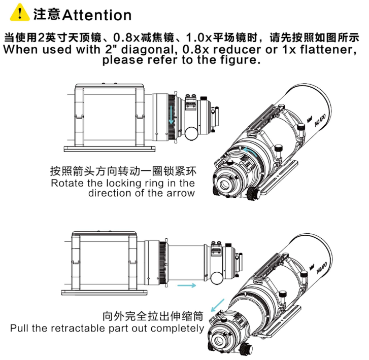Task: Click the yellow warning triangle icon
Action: pos(20,13)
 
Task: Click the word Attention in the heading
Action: pos(97,15)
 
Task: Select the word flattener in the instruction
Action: pos(328,50)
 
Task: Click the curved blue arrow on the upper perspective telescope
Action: pos(250,151)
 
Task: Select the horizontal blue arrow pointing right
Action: pos(186,285)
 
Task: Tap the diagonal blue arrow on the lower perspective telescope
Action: pos(218,305)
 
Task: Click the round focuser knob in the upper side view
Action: pos(191,134)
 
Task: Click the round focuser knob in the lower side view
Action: pos(217,278)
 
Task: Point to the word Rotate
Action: pos(68,183)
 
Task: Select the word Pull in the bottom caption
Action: pos(19,328)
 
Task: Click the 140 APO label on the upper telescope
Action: pos(320,121)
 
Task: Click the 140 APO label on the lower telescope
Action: pos(322,268)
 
